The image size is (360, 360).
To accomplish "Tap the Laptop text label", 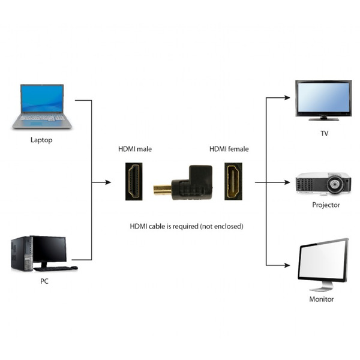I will pyautogui.click(x=41, y=140).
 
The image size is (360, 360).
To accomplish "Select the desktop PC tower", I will pyautogui.click(x=21, y=253).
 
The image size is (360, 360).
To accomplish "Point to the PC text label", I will pyautogui.click(x=44, y=281).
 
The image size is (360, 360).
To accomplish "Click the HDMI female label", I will pyautogui.click(x=229, y=149).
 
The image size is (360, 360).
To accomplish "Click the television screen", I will pyautogui.click(x=323, y=98).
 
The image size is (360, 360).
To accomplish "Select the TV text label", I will pyautogui.click(x=324, y=133).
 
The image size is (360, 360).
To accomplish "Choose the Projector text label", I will pyautogui.click(x=326, y=205).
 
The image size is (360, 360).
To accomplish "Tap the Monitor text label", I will pyautogui.click(x=322, y=299).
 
